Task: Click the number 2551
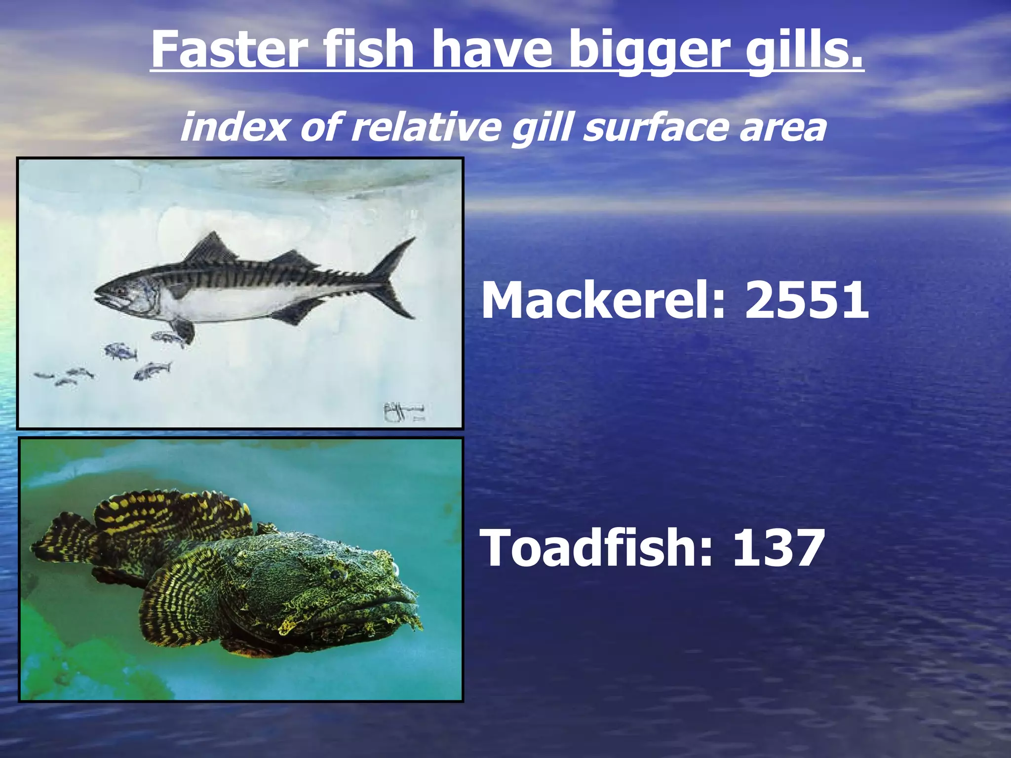point(807,300)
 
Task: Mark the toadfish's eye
point(337,574)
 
